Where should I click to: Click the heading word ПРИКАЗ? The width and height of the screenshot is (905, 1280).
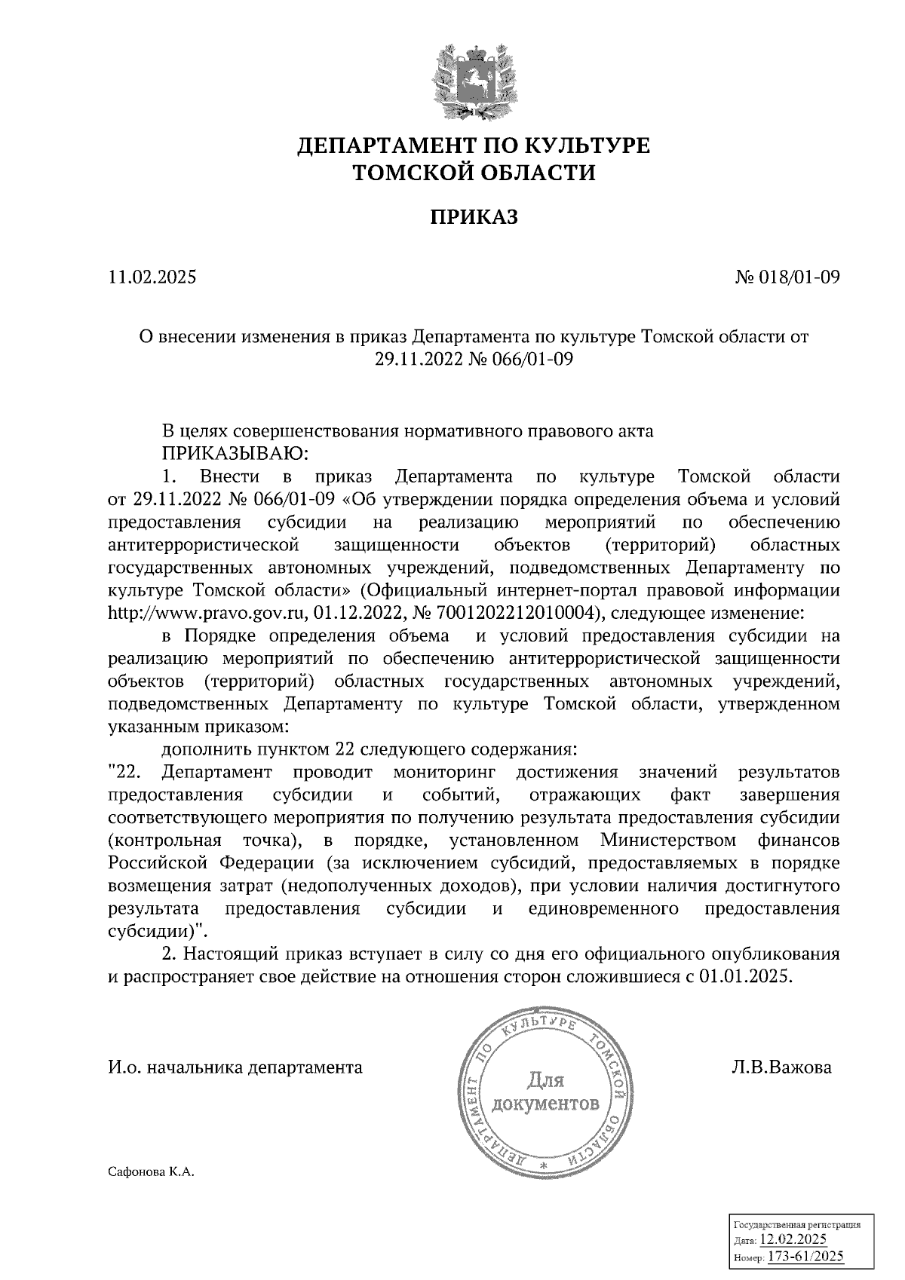(x=474, y=219)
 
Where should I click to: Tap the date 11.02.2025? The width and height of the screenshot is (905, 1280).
(x=152, y=278)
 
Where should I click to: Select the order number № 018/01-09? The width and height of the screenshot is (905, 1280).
(x=787, y=278)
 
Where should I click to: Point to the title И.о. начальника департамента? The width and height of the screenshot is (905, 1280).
(x=235, y=1067)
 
